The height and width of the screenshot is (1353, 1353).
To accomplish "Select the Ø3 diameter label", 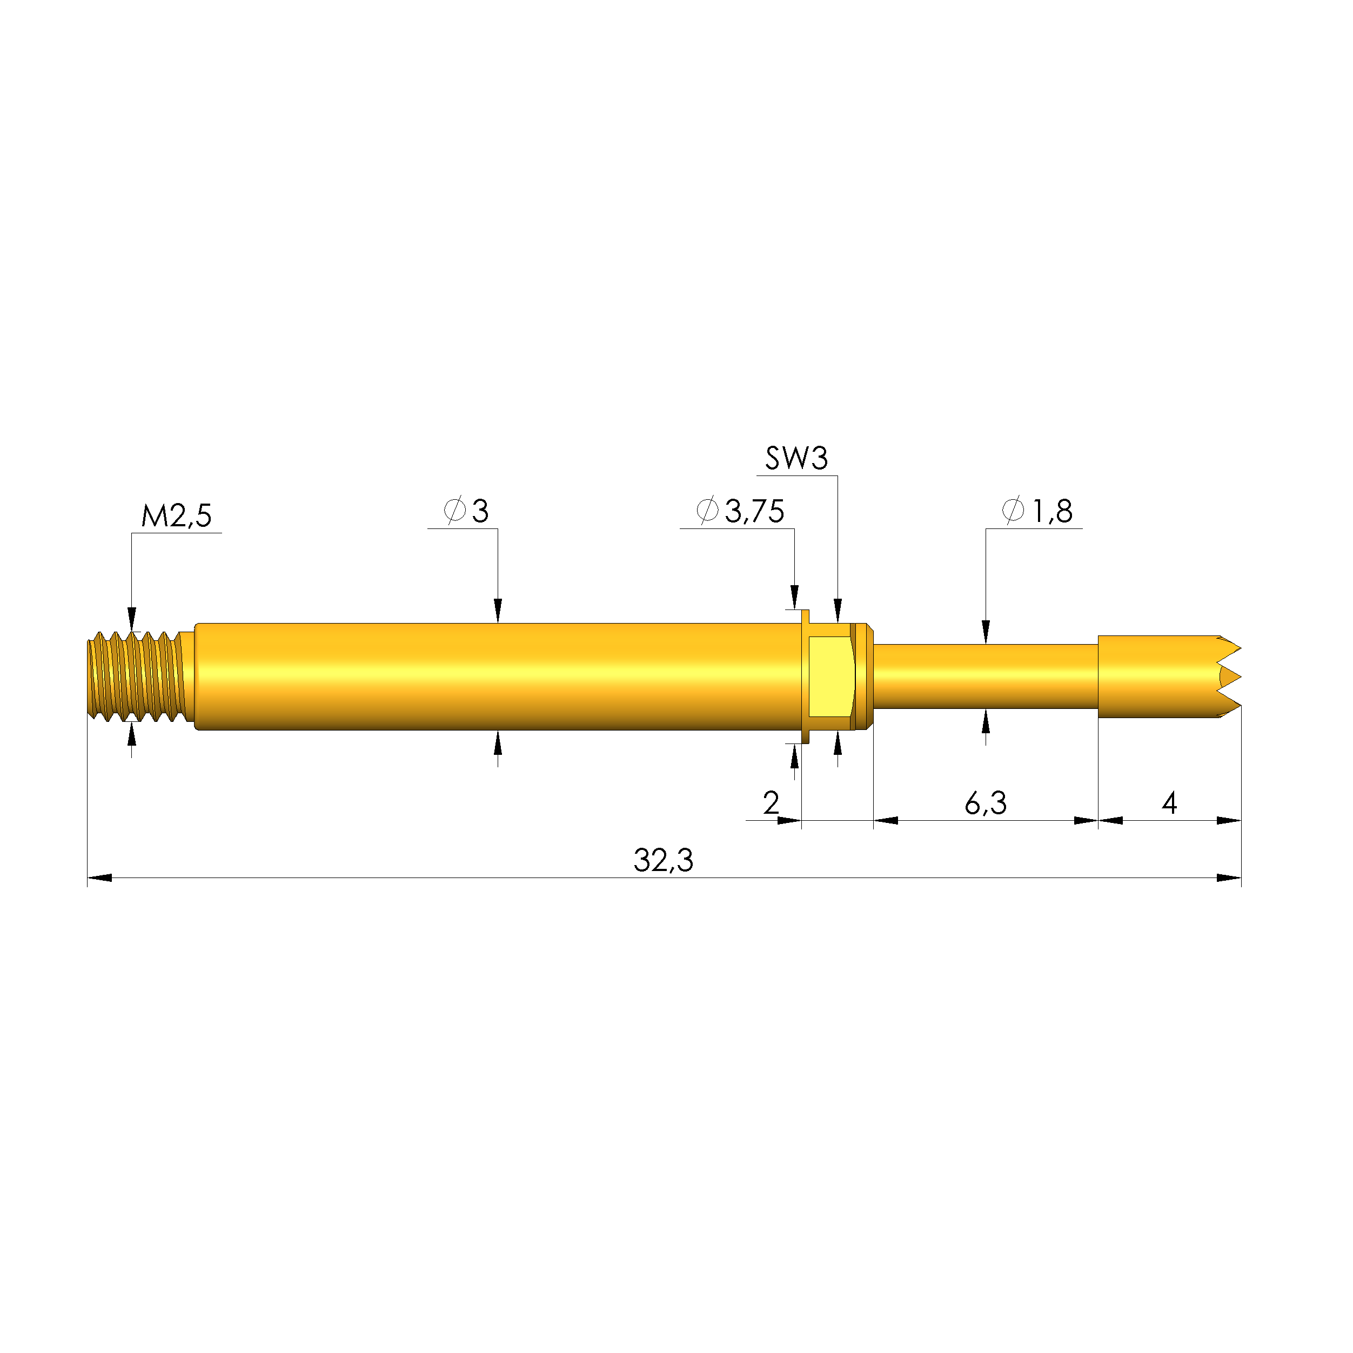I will click(466, 511).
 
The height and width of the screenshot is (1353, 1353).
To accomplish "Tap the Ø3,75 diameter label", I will click(740, 511).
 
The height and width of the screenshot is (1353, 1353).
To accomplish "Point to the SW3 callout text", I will click(796, 459).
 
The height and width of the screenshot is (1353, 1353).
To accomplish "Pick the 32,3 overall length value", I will click(662, 861).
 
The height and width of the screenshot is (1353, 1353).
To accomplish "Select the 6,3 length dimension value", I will click(986, 803).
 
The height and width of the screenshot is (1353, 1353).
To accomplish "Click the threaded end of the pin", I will click(137, 676).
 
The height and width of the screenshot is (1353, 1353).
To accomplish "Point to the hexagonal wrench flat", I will click(830, 676).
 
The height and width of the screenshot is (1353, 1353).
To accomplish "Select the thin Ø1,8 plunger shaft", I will click(986, 676).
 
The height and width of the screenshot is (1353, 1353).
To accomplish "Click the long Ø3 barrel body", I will click(497, 676).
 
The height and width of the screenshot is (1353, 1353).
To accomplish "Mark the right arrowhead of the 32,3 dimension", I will click(1229, 878).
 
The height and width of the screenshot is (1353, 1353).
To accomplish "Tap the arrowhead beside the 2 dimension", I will click(789, 820).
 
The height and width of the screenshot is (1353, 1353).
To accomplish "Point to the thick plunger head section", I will click(1156, 676).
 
